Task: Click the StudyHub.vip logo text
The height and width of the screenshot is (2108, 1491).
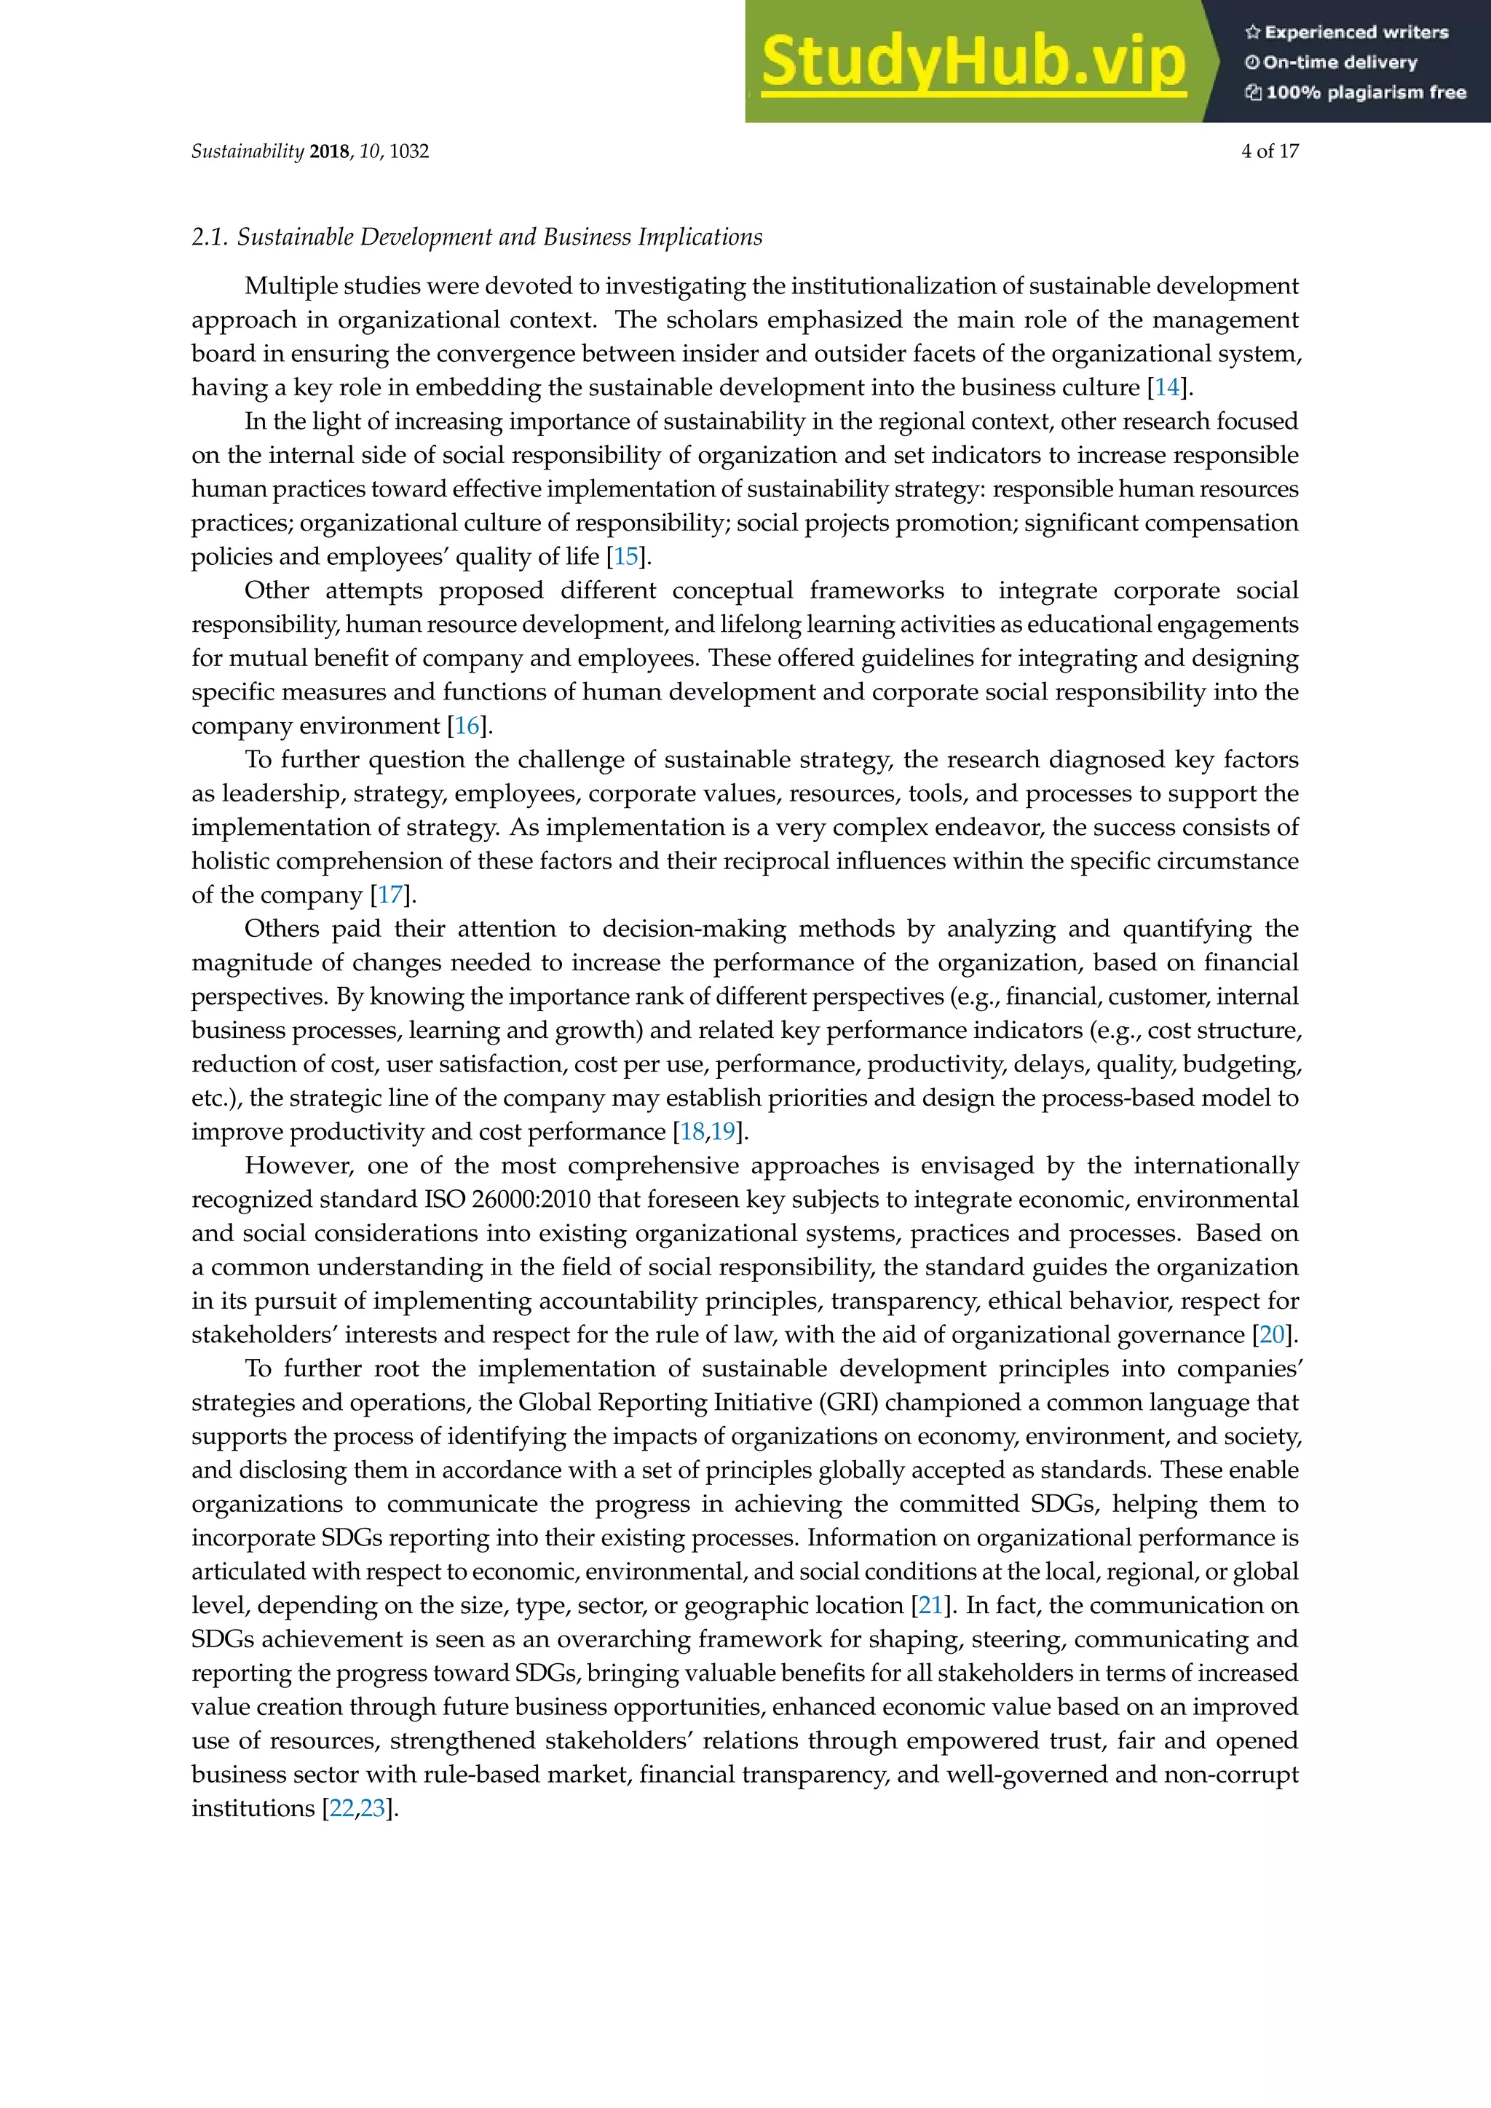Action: pos(973,63)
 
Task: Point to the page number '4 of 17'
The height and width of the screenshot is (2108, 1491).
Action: pos(1269,151)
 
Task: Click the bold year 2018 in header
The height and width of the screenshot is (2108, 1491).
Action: pos(328,151)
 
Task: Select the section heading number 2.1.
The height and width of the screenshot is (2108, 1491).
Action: pos(208,237)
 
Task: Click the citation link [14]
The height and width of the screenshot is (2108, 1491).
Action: pos(1167,387)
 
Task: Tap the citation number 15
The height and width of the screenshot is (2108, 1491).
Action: pos(625,556)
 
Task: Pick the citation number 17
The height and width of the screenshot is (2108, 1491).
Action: pos(390,895)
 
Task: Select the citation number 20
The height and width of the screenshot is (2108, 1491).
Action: pos(1273,1335)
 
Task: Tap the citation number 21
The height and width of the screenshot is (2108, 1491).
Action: pos(930,1606)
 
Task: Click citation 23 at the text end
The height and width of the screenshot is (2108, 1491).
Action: pos(372,1809)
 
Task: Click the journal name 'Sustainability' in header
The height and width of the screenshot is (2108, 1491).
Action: pos(247,151)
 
